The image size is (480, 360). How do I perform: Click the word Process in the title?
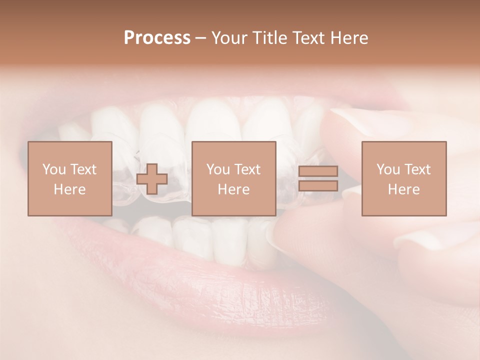pos(157,38)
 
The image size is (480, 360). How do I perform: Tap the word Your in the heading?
pos(230,38)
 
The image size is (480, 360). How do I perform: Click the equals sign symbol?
pos(318,178)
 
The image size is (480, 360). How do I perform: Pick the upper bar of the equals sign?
pos(318,171)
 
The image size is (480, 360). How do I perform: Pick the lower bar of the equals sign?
pos(318,185)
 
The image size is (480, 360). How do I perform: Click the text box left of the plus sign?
pos(70,178)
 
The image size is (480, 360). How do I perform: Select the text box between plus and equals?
pos(234,178)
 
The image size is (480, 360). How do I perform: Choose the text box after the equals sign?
pos(404,178)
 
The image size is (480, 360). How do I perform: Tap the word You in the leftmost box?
pos(53,169)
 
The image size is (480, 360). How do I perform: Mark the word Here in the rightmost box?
pos(404,189)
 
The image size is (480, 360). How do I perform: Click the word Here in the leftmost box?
pos(70,189)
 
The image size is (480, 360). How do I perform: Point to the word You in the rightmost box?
pos(387,169)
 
